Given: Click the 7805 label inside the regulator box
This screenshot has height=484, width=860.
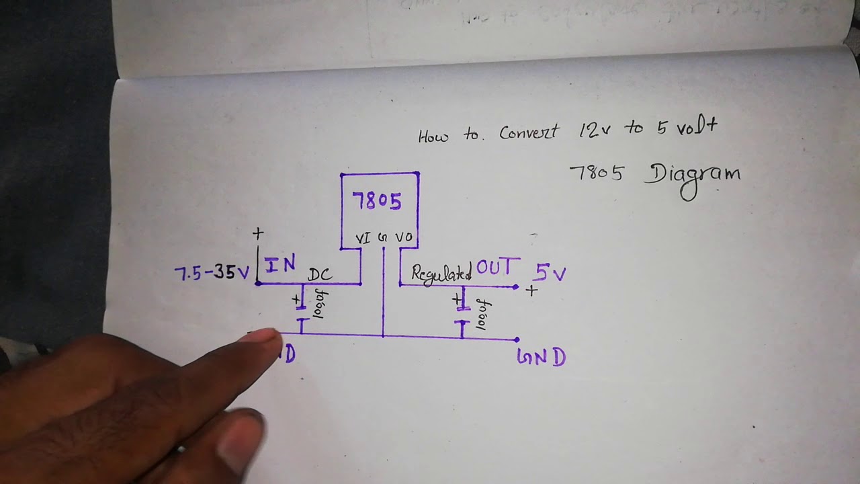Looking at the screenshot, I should [377, 201].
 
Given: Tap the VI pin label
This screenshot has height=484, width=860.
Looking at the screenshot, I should [363, 237].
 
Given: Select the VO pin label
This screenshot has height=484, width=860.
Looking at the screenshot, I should [404, 237].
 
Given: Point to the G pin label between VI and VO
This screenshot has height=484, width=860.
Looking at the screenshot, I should [383, 237].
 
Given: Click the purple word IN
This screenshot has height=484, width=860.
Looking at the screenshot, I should [279, 265].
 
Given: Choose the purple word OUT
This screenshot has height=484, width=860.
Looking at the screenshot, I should [497, 268].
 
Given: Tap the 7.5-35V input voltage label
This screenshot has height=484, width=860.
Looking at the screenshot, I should [212, 273].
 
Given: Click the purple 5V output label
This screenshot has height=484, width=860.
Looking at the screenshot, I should [550, 272].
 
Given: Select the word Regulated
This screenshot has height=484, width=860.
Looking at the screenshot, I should [441, 273].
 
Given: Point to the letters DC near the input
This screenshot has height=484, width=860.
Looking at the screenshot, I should [320, 274].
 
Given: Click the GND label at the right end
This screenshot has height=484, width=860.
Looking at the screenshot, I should [541, 357].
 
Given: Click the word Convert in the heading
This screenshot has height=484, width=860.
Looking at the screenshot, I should [528, 132].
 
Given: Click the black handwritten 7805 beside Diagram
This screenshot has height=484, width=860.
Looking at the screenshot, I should [596, 173].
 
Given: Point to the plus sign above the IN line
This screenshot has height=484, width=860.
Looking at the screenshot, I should [258, 234].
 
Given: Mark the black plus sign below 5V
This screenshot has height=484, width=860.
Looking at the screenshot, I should [531, 291].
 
